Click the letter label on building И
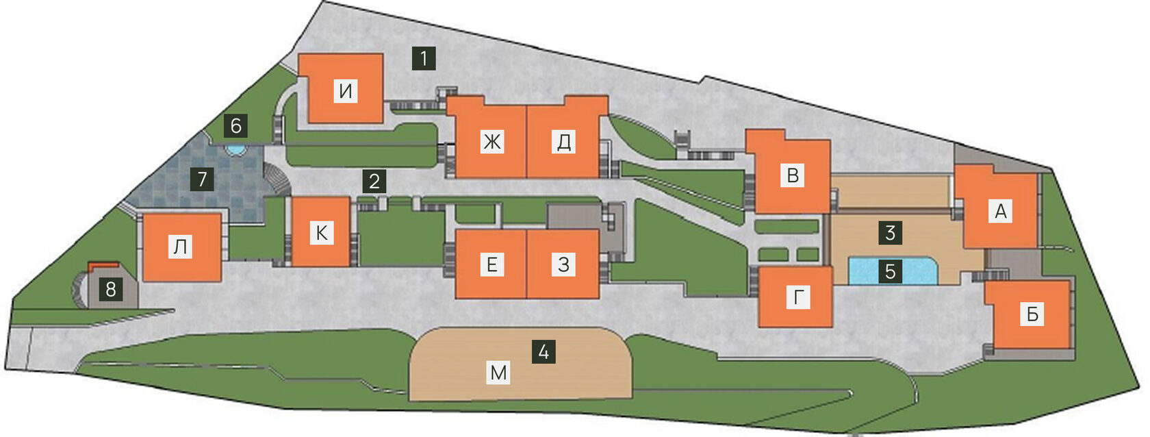point(346,90)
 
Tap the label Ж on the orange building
point(492,142)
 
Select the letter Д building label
point(564,142)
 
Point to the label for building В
point(793,175)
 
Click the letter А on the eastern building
point(1001,212)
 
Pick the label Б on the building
point(1032,314)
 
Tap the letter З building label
point(563,264)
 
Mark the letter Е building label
point(491,264)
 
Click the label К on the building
point(322,233)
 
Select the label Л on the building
point(180,247)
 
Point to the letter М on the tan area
point(498,373)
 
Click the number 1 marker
point(424,58)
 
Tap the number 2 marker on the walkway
point(374,182)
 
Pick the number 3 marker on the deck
point(890,233)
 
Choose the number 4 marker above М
point(544,352)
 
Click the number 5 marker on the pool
point(890,271)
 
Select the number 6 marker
point(236,126)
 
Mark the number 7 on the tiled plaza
point(202,179)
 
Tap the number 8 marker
point(111,290)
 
